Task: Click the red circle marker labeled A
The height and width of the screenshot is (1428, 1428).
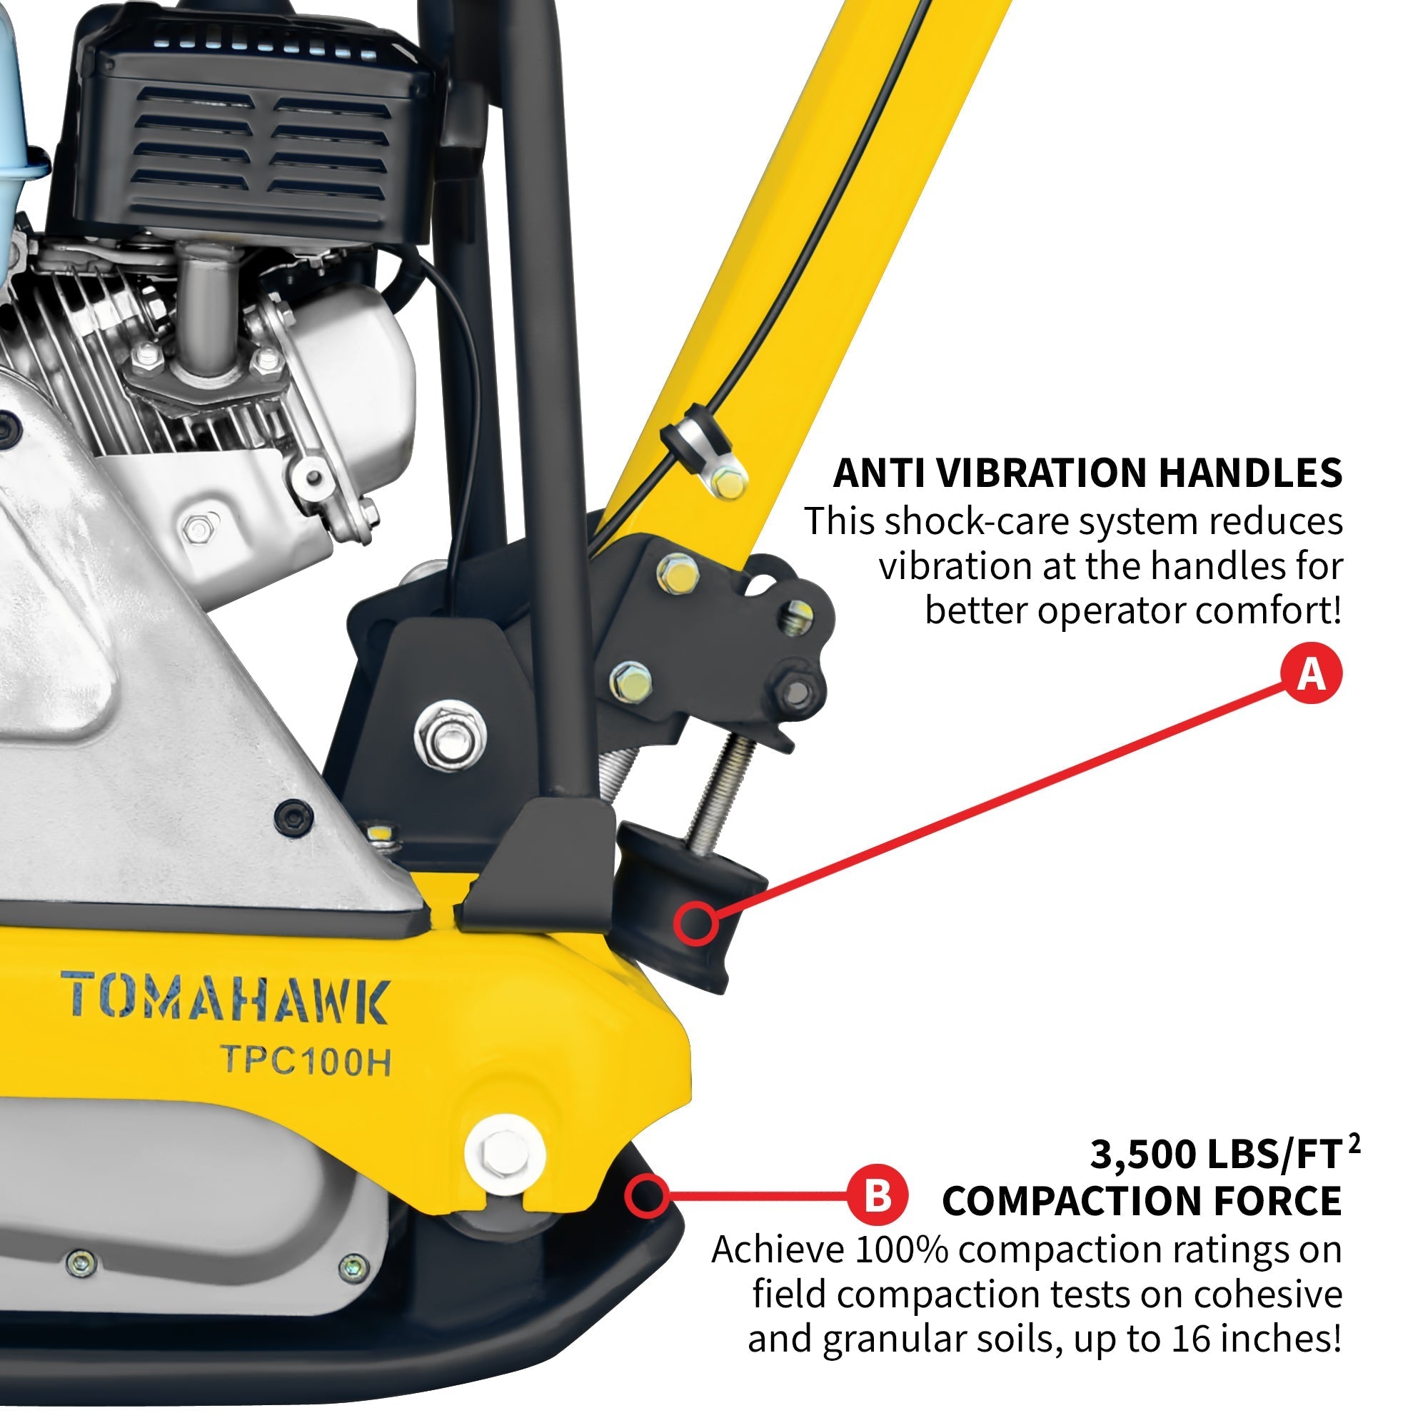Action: point(1311,673)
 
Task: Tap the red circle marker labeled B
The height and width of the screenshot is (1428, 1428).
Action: point(877,1195)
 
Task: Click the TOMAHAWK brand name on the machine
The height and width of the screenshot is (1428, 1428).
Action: point(225,1000)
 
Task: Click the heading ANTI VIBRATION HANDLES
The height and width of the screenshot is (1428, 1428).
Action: point(1087,473)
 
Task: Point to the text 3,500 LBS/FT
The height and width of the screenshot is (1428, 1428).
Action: point(1216,1154)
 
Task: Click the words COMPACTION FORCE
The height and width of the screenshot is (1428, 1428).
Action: point(1142,1201)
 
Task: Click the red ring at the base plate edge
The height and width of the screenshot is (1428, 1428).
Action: point(647,1196)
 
